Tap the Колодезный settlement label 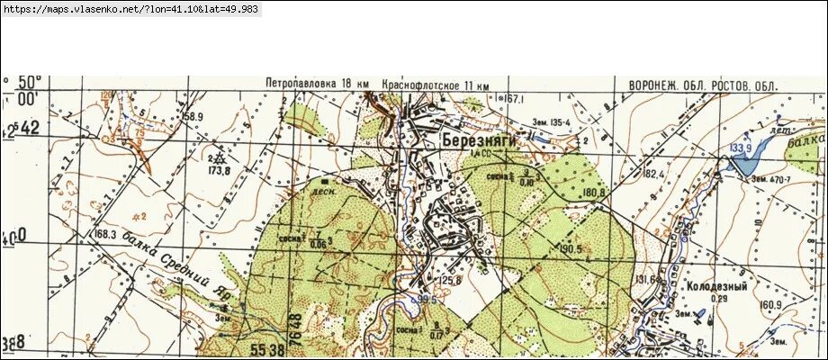click(717, 285)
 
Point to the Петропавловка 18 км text click(317, 84)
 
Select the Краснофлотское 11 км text click(435, 84)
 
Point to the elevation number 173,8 click(218, 169)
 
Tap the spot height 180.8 click(592, 192)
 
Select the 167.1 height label click(514, 99)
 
